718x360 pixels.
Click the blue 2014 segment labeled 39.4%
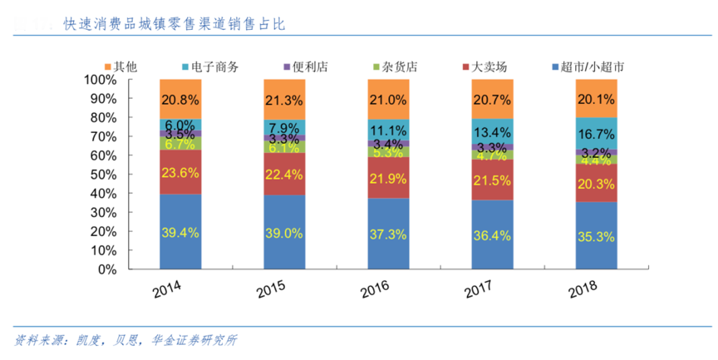180,232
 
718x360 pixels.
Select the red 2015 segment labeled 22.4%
284,173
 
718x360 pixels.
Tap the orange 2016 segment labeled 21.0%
388,99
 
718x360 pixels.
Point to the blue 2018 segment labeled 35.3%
596,236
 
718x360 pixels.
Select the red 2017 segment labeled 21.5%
492,180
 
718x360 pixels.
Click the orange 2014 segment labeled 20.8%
180,99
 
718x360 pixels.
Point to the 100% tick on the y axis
101,80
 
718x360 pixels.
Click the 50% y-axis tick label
104,175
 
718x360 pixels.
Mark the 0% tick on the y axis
107,269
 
